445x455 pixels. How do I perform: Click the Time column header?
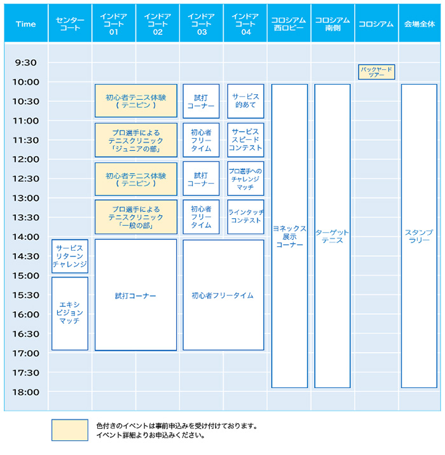(x=25, y=24)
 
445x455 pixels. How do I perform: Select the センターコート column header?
(x=70, y=24)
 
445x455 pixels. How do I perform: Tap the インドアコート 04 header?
(x=245, y=24)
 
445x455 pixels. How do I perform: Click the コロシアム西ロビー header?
(x=289, y=24)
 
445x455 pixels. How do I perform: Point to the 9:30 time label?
(x=26, y=63)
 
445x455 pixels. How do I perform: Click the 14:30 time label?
(x=26, y=256)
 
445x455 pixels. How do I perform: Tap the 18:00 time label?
(x=26, y=392)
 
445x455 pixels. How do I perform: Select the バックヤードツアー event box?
(x=376, y=72)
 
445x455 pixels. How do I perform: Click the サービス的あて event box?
(x=245, y=101)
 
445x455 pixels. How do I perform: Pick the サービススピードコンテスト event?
(x=245, y=139)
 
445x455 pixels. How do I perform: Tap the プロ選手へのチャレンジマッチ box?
(x=245, y=179)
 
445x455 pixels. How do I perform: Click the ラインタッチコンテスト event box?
(x=245, y=216)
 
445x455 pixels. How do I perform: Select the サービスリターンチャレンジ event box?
(x=70, y=256)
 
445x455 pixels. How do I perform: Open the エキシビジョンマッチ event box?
(x=70, y=313)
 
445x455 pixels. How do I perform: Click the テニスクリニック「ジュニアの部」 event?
(x=135, y=140)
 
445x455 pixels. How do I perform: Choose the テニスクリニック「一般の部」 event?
(x=135, y=217)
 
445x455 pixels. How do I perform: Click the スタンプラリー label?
(x=419, y=236)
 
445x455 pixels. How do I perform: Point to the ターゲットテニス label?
(x=332, y=236)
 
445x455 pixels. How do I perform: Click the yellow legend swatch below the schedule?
(x=70, y=430)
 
